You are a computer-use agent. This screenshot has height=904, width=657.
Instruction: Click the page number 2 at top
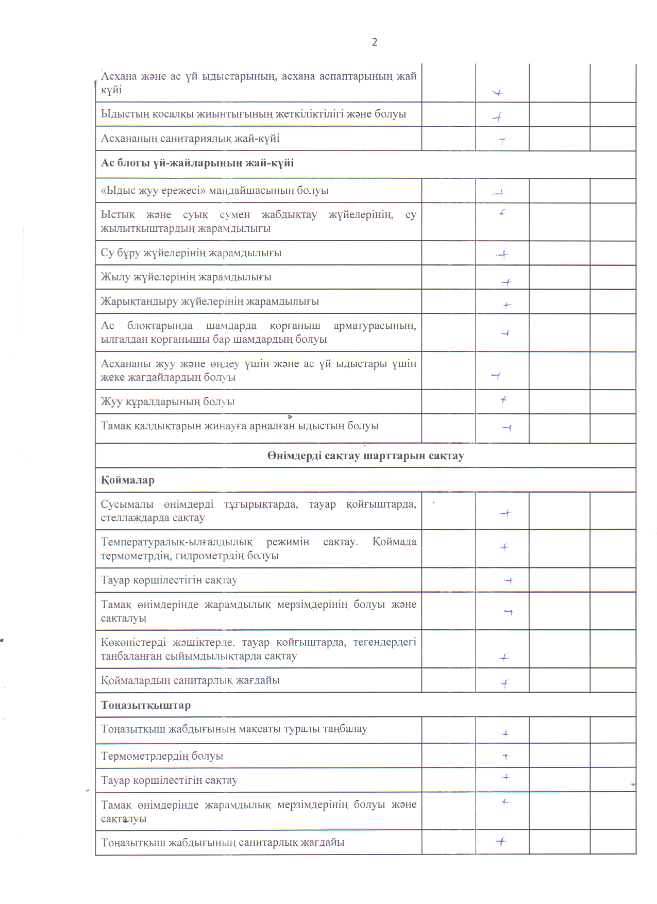point(375,42)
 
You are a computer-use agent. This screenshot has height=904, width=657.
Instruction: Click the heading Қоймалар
point(128,480)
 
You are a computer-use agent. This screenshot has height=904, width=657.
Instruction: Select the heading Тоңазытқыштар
point(146,705)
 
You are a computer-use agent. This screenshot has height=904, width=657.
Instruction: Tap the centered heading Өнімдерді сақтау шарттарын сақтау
point(365,456)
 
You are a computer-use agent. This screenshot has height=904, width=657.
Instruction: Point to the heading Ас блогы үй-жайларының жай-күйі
point(197,163)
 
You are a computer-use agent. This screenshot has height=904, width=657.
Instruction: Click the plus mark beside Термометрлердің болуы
point(506,757)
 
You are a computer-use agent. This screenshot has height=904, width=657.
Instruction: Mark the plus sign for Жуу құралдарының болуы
point(503,400)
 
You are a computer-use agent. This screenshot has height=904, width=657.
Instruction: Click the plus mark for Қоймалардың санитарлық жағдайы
point(504,684)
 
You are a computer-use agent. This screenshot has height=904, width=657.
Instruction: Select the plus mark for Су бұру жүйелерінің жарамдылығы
point(502,254)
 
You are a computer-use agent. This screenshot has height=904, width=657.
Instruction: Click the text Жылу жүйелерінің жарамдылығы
point(186,277)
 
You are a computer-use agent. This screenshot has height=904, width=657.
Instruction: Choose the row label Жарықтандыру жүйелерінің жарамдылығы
point(210,302)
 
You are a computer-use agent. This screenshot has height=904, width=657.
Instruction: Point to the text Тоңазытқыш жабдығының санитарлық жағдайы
point(223,843)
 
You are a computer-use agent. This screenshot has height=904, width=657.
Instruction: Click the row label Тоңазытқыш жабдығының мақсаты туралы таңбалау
point(234,729)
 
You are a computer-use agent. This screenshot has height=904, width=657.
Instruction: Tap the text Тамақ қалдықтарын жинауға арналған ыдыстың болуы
point(240,426)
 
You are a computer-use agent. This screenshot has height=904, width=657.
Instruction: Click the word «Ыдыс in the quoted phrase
point(114,191)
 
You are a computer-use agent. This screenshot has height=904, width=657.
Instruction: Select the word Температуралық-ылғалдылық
point(177,542)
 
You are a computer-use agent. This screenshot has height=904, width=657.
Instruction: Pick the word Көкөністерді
point(133,643)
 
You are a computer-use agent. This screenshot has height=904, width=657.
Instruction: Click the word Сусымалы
point(127,505)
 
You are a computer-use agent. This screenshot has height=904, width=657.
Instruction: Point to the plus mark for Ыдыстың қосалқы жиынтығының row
point(498,118)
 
